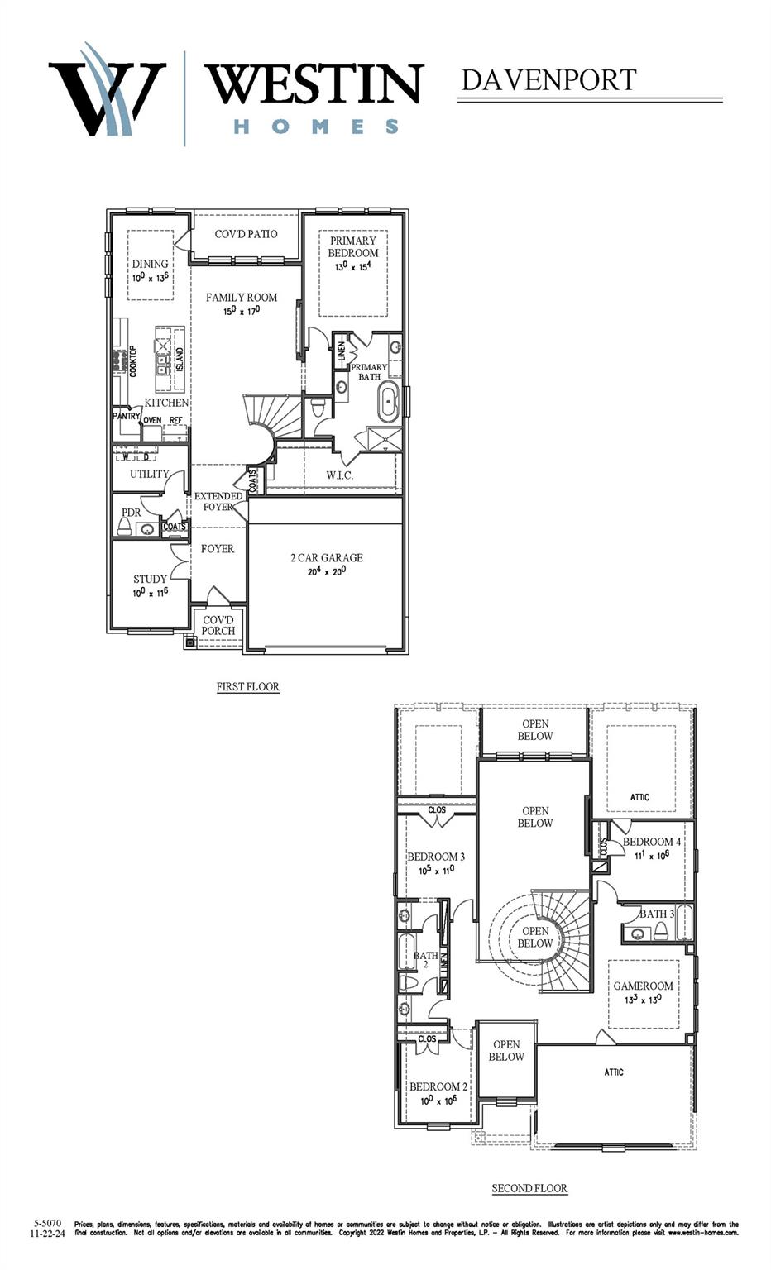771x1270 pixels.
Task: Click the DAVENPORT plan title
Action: tap(548, 80)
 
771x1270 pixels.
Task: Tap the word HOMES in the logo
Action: tap(315, 127)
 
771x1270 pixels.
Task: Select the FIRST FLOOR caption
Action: tap(248, 686)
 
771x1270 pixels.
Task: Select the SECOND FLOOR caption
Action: tap(529, 1188)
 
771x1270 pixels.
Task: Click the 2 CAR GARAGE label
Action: tap(326, 558)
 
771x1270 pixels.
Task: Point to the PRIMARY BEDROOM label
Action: tap(353, 246)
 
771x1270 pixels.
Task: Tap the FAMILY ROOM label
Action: tap(242, 298)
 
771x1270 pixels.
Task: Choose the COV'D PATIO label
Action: tap(246, 234)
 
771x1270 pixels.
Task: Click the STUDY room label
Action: tap(150, 579)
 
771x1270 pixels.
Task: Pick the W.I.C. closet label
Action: tap(339, 475)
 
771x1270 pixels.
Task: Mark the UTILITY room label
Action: tap(149, 474)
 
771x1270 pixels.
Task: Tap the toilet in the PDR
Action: tap(125, 528)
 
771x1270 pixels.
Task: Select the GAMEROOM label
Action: tap(643, 986)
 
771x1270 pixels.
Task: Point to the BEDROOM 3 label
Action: tap(436, 857)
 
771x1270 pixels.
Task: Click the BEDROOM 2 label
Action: tap(438, 1086)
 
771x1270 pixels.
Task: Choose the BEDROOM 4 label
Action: tap(652, 842)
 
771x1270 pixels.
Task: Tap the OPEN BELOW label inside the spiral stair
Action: tap(535, 937)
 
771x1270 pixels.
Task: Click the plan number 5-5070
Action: tap(47, 1223)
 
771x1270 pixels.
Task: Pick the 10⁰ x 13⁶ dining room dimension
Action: tap(151, 277)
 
